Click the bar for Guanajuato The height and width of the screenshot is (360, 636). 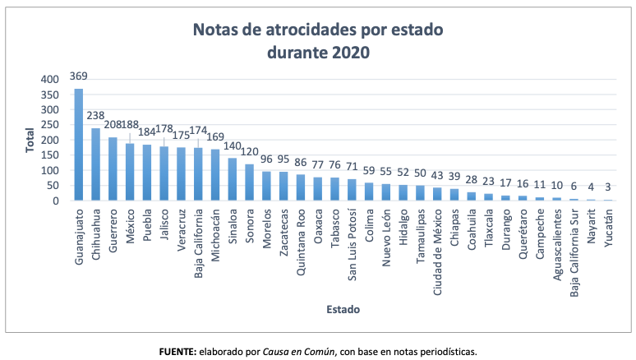[79, 145]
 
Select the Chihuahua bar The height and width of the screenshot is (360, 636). [95, 164]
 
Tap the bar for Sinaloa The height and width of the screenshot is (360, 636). [233, 179]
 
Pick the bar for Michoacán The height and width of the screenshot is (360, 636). [215, 175]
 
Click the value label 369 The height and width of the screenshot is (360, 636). [79, 76]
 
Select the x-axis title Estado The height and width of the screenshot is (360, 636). [343, 309]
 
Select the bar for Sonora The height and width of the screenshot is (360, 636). [250, 182]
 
